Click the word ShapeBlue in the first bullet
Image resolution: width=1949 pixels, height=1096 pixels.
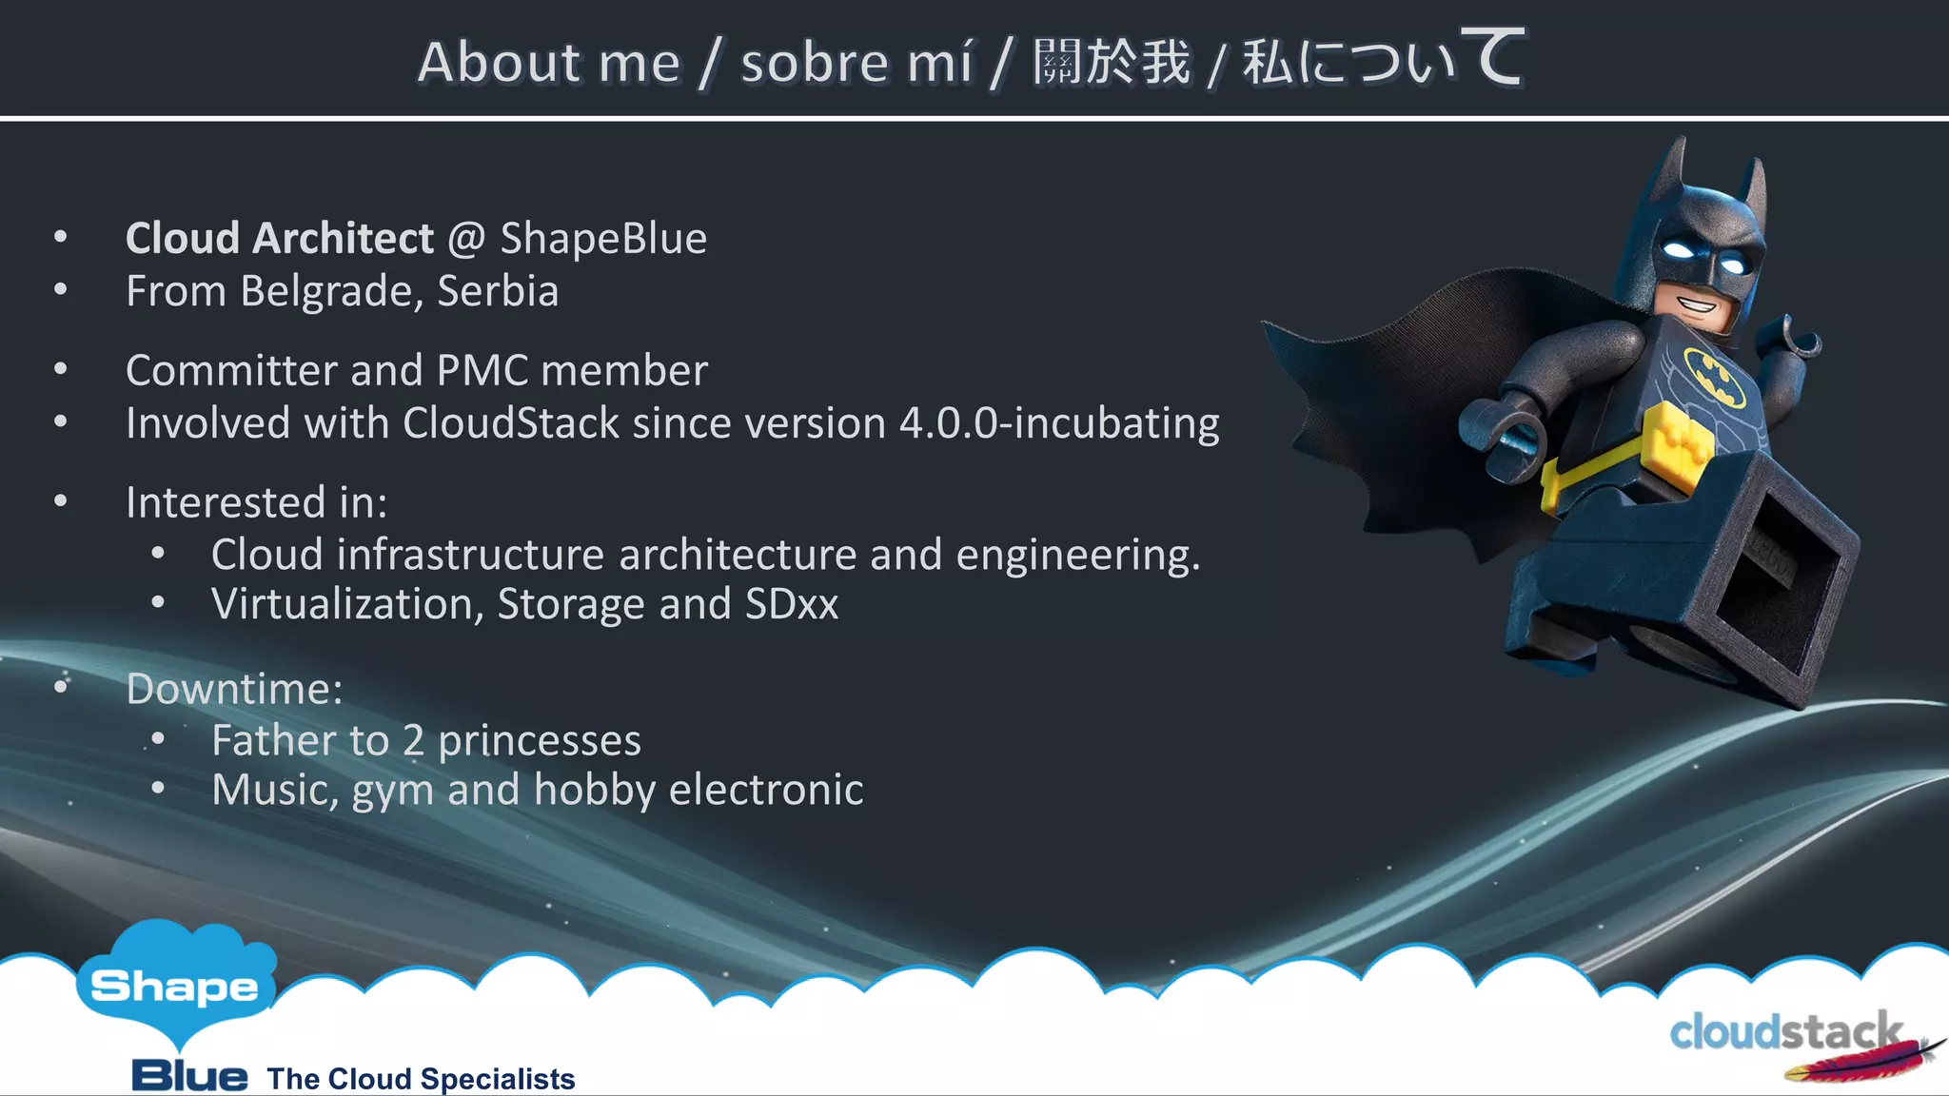pos(603,238)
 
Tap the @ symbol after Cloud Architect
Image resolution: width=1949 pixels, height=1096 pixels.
pos(466,238)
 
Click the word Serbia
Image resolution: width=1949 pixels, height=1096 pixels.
pos(498,291)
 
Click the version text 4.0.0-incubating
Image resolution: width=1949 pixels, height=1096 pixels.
pos(1058,423)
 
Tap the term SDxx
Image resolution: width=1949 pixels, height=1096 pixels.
pos(792,604)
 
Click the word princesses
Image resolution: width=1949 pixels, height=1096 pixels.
pos(540,740)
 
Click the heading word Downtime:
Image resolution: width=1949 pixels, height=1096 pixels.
pos(234,689)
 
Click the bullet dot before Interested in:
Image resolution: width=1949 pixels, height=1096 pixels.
pos(61,501)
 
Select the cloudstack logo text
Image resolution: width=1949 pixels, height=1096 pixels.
pos(1784,1032)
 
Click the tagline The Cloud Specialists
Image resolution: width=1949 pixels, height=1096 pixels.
pos(421,1079)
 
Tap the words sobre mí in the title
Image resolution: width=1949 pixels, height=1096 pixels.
pos(856,63)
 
